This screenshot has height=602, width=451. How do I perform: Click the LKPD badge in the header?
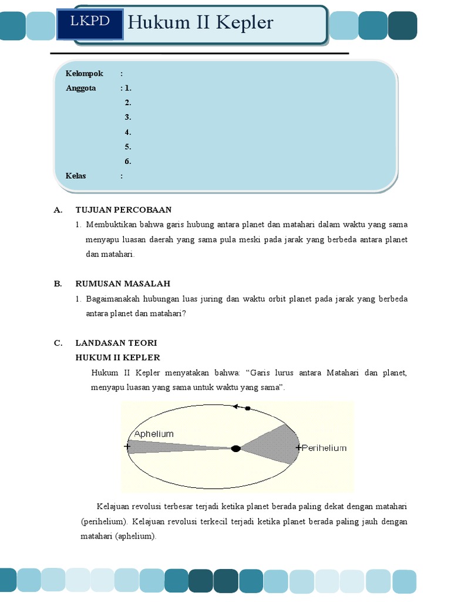point(90,22)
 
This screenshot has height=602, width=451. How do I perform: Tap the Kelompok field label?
point(85,73)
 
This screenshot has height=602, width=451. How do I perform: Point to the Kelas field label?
point(76,176)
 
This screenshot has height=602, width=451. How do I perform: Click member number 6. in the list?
point(127,161)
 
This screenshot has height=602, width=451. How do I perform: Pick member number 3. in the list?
point(127,117)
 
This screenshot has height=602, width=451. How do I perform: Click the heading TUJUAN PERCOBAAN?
point(123,210)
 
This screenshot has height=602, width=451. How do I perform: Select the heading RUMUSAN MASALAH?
point(123,284)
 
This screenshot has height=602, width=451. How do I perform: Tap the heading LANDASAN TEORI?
point(116,343)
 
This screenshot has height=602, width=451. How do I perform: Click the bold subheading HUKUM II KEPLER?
point(117,357)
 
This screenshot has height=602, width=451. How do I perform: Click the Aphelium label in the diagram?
point(154,434)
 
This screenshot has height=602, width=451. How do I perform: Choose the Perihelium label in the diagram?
point(324,448)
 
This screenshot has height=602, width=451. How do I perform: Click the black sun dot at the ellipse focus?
point(235,449)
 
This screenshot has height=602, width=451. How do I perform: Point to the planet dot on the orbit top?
point(247,408)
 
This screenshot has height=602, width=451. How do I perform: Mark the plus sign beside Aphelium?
point(127,447)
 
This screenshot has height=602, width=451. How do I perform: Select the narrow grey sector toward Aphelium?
point(170,447)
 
